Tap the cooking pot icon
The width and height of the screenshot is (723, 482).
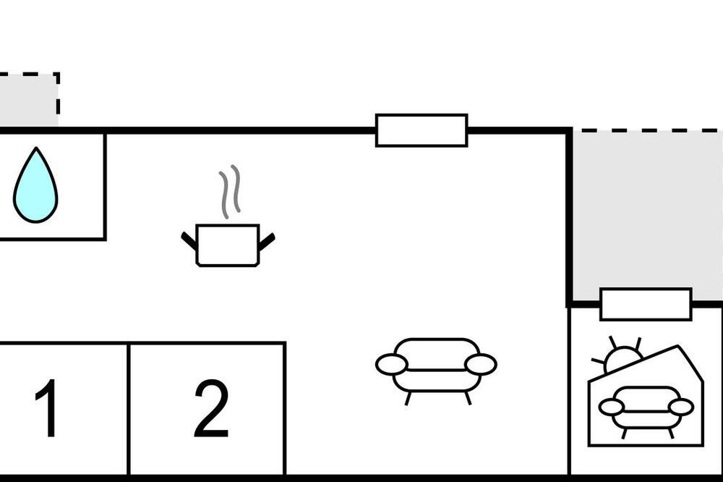(x=228, y=245)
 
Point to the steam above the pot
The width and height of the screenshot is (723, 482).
(x=230, y=192)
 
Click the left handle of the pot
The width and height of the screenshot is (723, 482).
(x=189, y=241)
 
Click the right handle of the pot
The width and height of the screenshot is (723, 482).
(x=267, y=242)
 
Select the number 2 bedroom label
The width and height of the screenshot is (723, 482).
(x=211, y=408)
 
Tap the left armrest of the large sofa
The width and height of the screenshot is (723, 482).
(x=392, y=364)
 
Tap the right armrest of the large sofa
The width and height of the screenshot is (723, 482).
(x=481, y=364)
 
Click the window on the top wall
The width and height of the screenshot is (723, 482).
(x=422, y=130)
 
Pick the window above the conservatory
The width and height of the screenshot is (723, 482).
(x=646, y=304)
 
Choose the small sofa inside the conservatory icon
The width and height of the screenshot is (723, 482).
(x=646, y=409)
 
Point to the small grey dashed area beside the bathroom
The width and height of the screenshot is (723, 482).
(x=29, y=99)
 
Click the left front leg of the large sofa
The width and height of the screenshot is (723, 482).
(x=408, y=399)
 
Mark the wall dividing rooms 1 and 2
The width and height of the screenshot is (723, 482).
(x=129, y=409)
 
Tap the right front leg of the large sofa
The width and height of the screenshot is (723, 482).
(x=468, y=398)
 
